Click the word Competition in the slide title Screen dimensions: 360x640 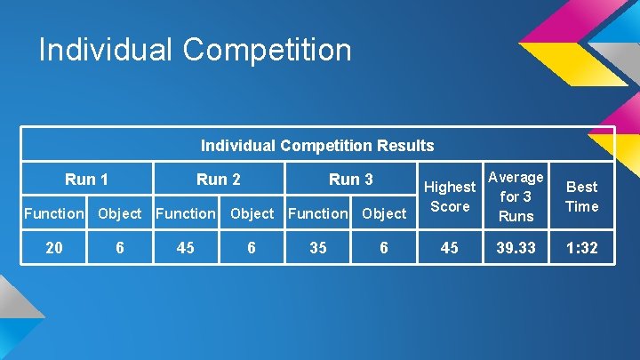pyautogui.click(x=267, y=50)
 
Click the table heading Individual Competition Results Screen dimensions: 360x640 pyautogui.click(x=317, y=145)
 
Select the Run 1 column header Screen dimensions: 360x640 pyautogui.click(x=87, y=180)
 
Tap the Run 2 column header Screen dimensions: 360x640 pyautogui.click(x=219, y=180)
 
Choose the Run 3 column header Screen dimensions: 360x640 pyautogui.click(x=351, y=180)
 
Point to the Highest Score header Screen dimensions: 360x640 pyautogui.click(x=450, y=196)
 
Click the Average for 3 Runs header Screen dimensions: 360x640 pyautogui.click(x=516, y=196)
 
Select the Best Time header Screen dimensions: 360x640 pyautogui.click(x=582, y=196)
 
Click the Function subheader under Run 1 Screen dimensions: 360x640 pyautogui.click(x=54, y=213)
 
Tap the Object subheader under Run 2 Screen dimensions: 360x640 pyautogui.click(x=252, y=213)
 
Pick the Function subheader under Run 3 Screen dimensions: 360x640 pyautogui.click(x=318, y=213)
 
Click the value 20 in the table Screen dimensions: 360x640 pyautogui.click(x=54, y=248)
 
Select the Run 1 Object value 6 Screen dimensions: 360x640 pyautogui.click(x=120, y=248)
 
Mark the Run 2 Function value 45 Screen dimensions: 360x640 pyautogui.click(x=186, y=248)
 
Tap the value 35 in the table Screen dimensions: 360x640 pyautogui.click(x=318, y=248)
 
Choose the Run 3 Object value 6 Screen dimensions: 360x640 pyautogui.click(x=384, y=248)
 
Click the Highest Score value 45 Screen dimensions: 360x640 pyautogui.click(x=450, y=248)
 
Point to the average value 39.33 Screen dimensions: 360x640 pyautogui.click(x=516, y=248)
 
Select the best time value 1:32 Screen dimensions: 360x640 pyautogui.click(x=582, y=248)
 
